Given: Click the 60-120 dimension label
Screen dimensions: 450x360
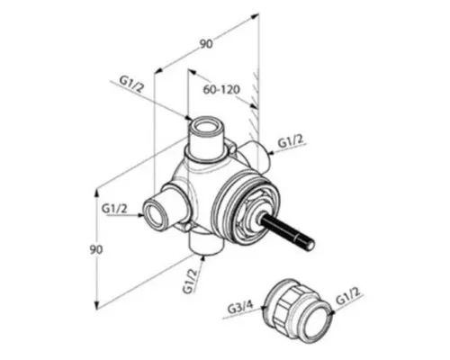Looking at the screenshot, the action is click(x=221, y=89).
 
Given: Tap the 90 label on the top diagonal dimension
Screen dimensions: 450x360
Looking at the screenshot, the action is click(x=206, y=44).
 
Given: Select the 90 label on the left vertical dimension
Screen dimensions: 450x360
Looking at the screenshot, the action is click(x=96, y=249).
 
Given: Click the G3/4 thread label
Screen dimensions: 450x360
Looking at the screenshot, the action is click(x=240, y=308).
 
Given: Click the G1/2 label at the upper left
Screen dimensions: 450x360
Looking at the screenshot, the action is click(x=132, y=85).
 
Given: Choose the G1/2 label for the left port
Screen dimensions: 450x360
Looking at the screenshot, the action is click(x=114, y=209).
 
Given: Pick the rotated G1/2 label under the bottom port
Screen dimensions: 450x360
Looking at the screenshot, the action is click(x=191, y=281).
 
